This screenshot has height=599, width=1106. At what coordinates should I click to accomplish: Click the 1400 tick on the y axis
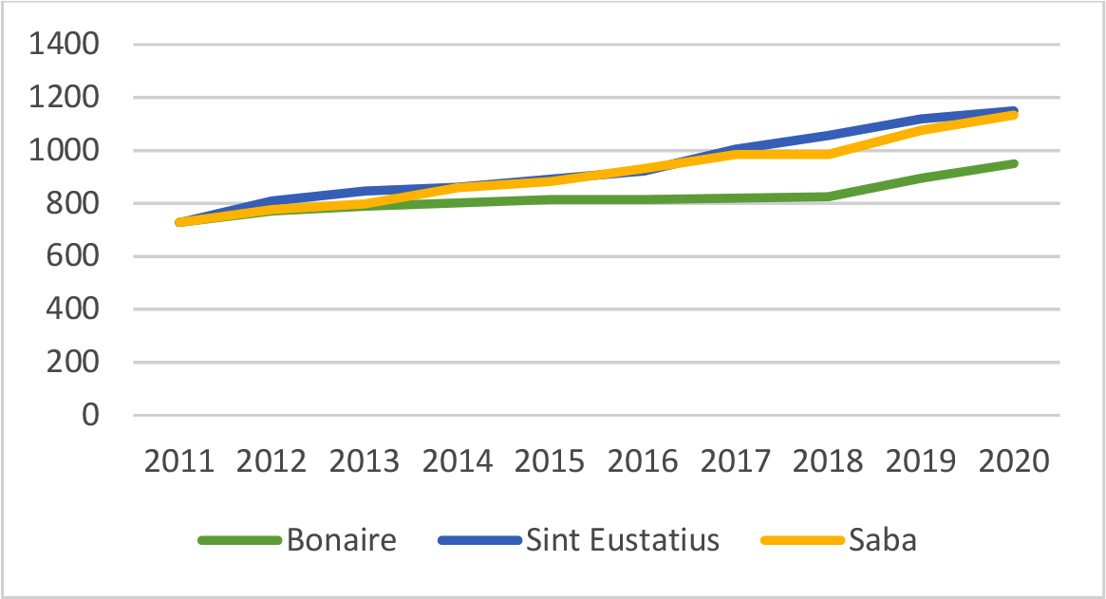(66, 45)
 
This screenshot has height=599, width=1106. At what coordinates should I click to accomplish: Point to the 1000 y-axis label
(66, 151)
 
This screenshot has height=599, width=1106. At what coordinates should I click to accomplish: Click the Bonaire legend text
(342, 540)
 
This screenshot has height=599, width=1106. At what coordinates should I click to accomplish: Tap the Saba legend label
(885, 540)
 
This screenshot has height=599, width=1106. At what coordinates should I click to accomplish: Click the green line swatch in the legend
(240, 541)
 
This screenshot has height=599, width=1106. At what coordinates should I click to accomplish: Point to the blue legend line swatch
(480, 541)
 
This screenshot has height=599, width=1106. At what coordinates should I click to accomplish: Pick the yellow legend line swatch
(803, 541)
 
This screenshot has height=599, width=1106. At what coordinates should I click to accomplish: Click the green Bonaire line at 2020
(1014, 163)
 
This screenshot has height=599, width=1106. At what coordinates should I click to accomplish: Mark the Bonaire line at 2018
(828, 197)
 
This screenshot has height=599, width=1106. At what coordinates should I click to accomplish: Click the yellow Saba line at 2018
(828, 154)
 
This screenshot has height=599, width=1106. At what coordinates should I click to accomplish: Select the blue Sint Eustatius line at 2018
(828, 135)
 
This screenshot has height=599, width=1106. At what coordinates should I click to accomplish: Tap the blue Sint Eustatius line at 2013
(365, 191)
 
